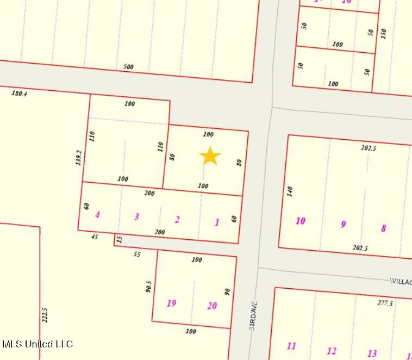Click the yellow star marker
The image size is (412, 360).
coord(210,156)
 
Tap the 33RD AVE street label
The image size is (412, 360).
coord(253,315)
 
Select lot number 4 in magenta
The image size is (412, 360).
coord(97,215)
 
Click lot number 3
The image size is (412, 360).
coord(136,216)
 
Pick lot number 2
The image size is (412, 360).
coord(177,220)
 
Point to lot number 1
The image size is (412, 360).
coord(217,222)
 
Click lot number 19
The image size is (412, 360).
coord(171,303)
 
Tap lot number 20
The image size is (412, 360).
coord(212,306)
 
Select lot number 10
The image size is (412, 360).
coord(300,221)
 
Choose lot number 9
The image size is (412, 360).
coord(343,224)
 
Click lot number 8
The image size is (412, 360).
coord(383,228)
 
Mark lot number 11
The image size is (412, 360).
coord(291,346)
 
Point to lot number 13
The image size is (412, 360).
coord(372,353)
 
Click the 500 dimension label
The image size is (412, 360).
coord(128,67)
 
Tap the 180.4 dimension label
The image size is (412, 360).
coord(19,93)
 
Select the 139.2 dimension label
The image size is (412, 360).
coord(79,158)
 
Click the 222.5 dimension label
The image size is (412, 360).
coord(45,316)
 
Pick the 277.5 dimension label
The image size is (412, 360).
coord(385,303)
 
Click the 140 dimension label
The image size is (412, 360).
coord(290,191)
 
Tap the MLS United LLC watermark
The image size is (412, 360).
coord(38,344)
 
